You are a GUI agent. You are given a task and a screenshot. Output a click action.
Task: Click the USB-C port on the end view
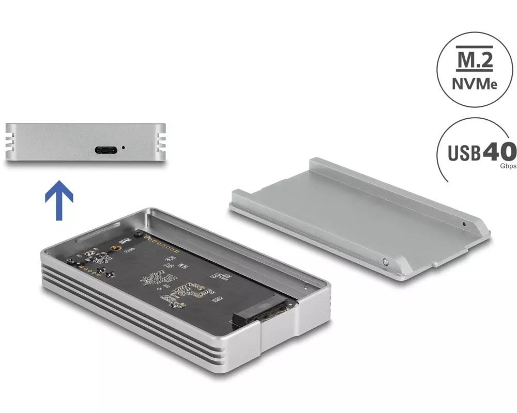pyautogui.click(x=106, y=150)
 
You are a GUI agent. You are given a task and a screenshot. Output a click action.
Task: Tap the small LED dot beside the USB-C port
pyautogui.click(x=124, y=148)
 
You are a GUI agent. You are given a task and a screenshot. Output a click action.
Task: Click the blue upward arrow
pyautogui.click(x=59, y=200)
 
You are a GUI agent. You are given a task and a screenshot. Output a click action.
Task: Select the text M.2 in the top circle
pyautogui.click(x=474, y=59)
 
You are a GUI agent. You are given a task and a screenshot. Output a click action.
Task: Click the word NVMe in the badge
pyautogui.click(x=475, y=84)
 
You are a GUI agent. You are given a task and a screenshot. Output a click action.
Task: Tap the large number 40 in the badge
pyautogui.click(x=499, y=152)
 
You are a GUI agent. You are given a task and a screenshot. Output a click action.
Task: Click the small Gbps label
pyautogui.click(x=508, y=166)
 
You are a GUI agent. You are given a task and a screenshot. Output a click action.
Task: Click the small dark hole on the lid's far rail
pyautogui.click(x=464, y=224)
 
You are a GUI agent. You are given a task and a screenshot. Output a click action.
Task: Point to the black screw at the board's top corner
pyautogui.click(x=138, y=233)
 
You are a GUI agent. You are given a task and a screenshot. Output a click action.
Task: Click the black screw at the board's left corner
pyautogui.click(x=70, y=261)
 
